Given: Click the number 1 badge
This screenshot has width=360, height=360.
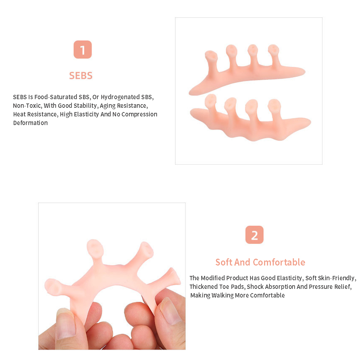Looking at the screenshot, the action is point(83,50).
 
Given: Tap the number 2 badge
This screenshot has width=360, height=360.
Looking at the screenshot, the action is point(254,235).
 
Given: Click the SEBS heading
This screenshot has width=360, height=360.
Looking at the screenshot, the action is point(81,75).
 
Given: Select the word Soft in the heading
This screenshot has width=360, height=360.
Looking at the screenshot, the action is point(224,262).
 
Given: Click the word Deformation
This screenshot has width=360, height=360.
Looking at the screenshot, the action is point(30,123).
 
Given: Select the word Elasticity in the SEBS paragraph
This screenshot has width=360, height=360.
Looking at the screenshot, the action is point(86,114).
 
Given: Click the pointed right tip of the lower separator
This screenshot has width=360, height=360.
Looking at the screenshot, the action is point(310,121).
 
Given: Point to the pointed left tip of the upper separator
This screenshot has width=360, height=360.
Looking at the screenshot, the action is point(190,93).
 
